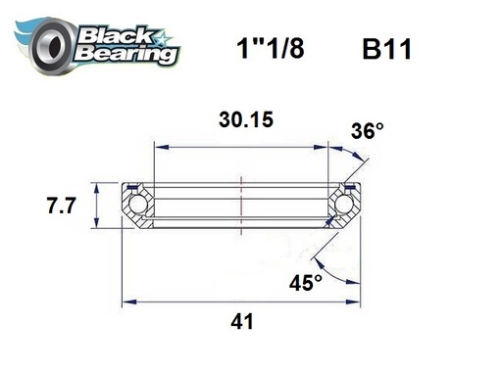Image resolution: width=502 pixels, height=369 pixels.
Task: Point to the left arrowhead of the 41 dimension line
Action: pos(125,298)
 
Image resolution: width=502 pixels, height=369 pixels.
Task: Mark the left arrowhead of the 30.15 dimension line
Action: pos(158,147)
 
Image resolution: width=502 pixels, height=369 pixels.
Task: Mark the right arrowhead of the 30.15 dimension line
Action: pos(326,147)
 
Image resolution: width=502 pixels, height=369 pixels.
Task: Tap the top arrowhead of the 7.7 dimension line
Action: pos(95,186)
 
